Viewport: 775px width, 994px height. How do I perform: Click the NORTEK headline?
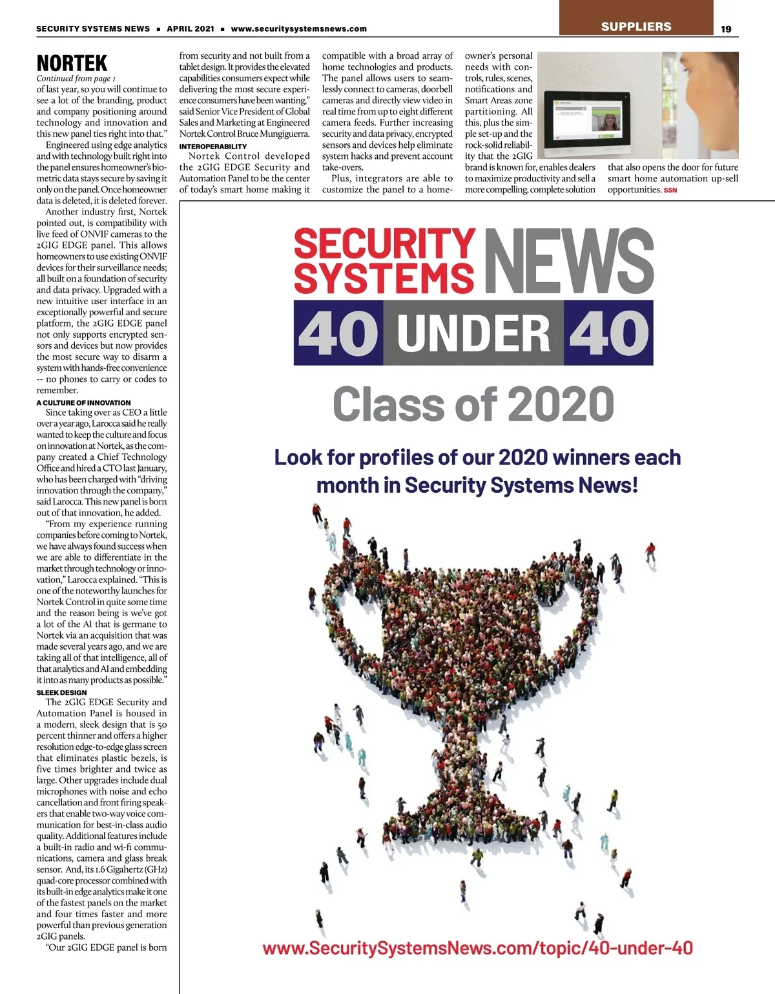pyautogui.click(x=72, y=63)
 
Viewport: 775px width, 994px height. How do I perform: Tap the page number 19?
pyautogui.click(x=726, y=28)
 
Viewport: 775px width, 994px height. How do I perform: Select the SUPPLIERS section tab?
pyautogui.click(x=636, y=26)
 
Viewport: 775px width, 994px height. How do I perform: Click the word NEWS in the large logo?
pyautogui.click(x=568, y=260)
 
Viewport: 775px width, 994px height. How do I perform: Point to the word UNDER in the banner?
pyautogui.click(x=473, y=333)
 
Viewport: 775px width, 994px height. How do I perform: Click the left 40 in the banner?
pyautogui.click(x=338, y=333)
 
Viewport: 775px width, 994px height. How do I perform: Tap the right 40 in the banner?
pyautogui.click(x=608, y=333)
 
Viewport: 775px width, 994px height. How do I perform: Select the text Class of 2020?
pyautogui.click(x=473, y=404)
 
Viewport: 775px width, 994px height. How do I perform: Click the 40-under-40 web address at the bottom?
pyautogui.click(x=477, y=948)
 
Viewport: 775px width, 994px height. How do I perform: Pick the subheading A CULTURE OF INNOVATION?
pyautogui.click(x=83, y=402)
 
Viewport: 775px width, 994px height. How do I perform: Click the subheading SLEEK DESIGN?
pyautogui.click(x=61, y=692)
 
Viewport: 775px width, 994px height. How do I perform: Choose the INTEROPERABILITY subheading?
pyautogui.click(x=213, y=147)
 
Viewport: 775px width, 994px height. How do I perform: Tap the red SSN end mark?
pyautogui.click(x=670, y=191)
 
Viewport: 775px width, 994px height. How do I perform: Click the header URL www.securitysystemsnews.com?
pyautogui.click(x=298, y=28)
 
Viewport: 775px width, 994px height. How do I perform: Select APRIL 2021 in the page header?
pyautogui.click(x=191, y=28)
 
